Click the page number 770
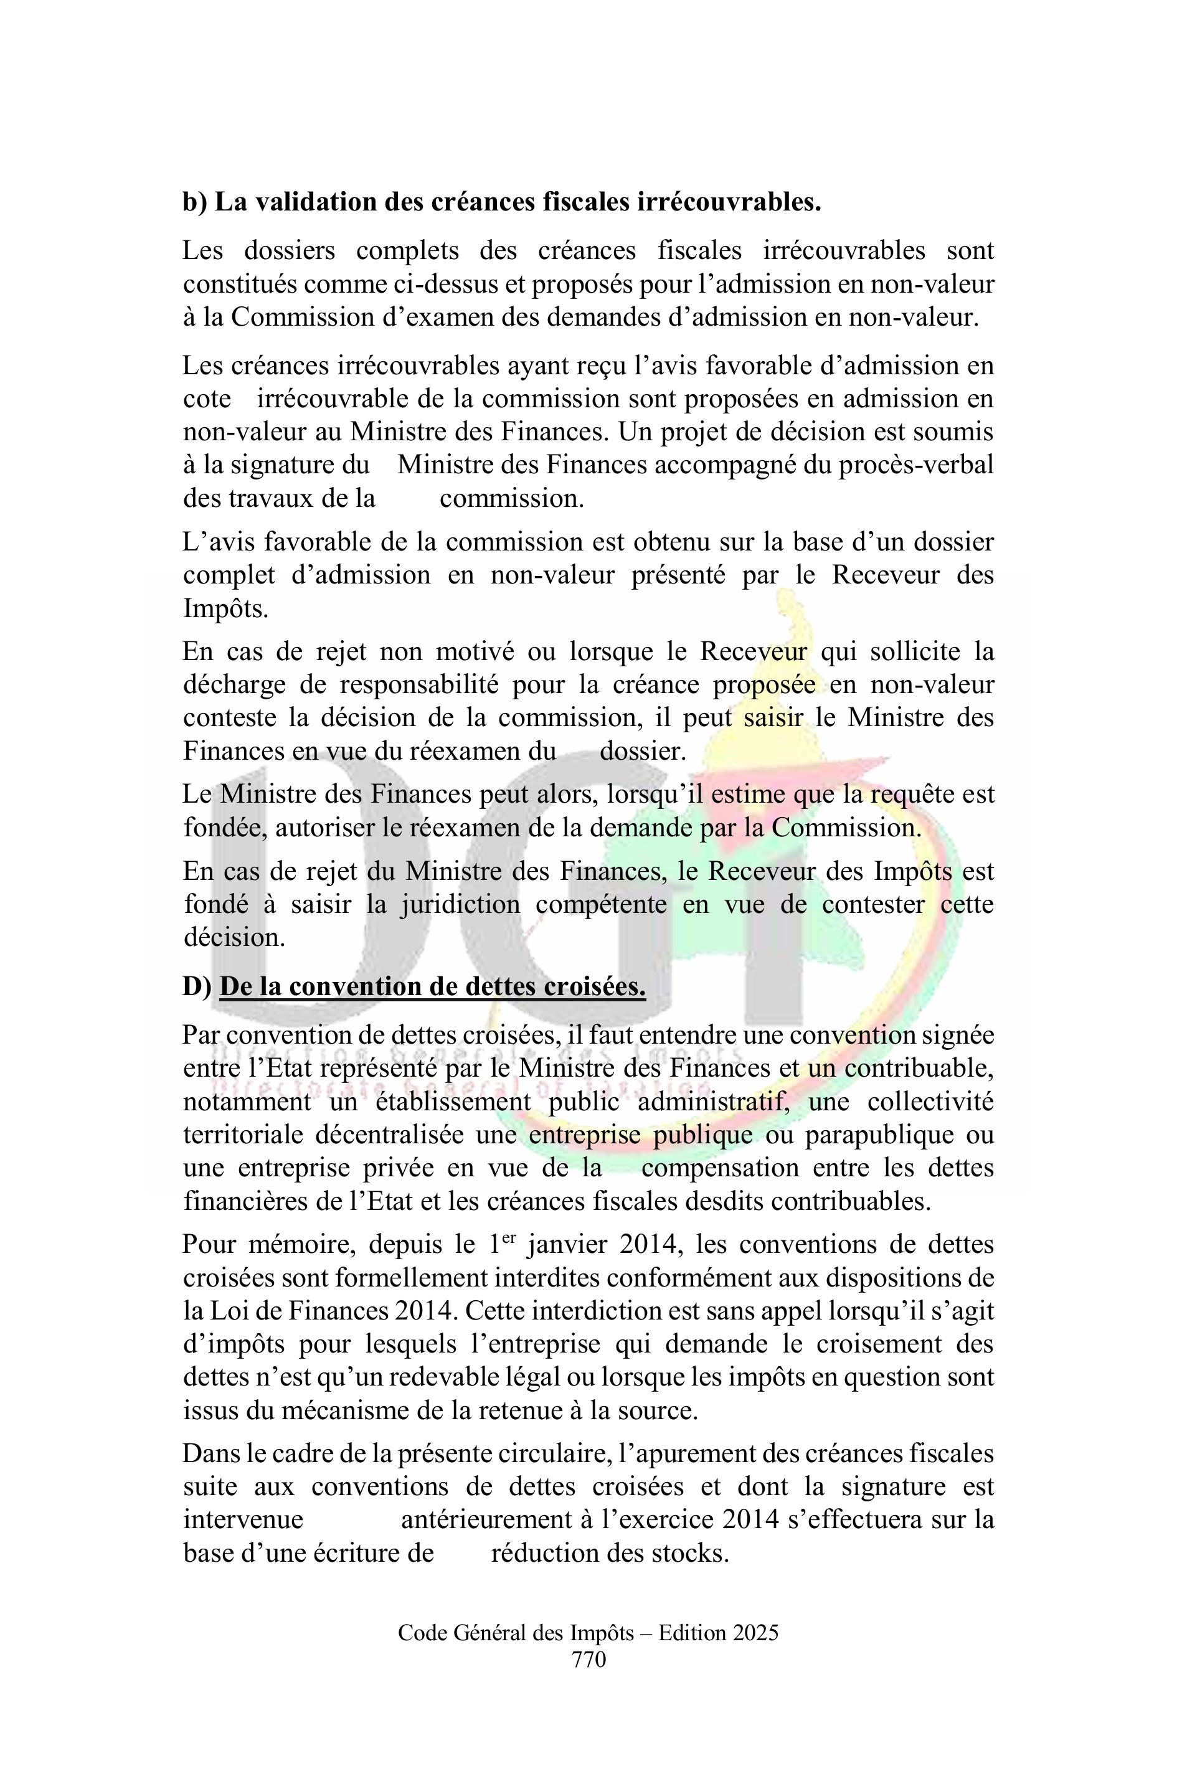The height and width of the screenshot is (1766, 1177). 588,1660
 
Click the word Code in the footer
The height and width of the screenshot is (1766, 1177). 423,1633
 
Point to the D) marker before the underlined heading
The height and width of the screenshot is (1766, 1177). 197,986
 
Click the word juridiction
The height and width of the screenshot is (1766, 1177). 460,904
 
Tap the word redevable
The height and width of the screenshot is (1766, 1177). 450,1377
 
